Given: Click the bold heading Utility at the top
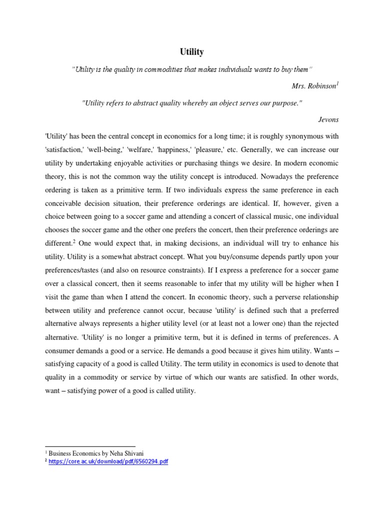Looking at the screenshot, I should pos(191,51).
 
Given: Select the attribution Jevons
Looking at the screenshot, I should pos(328,119).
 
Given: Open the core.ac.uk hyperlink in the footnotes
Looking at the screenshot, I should pos(108,461).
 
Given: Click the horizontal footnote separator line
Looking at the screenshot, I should pos(90,445).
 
